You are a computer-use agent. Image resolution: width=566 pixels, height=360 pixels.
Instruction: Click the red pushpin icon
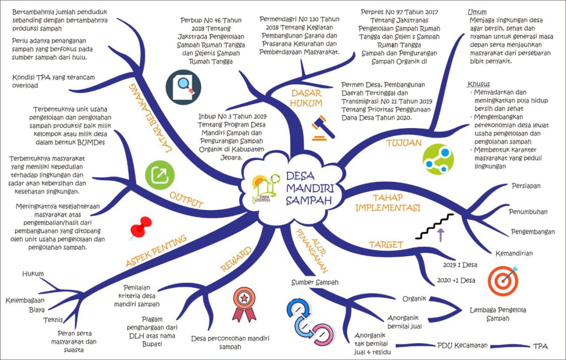click(141, 227)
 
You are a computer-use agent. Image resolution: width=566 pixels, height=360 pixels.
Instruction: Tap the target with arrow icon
click(502, 280)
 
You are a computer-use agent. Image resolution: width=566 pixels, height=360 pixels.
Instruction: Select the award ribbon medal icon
click(244, 304)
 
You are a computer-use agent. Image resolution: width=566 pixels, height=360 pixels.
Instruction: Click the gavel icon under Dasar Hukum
click(323, 128)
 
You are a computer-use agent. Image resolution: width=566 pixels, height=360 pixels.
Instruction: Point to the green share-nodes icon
click(438, 159)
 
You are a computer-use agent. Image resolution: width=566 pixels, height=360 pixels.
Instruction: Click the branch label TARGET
click(385, 245)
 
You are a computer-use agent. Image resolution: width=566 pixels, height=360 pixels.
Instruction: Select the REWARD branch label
click(235, 258)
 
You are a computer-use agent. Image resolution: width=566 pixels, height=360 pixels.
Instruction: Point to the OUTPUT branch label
click(186, 200)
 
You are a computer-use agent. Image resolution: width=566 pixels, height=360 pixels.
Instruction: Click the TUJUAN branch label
click(404, 143)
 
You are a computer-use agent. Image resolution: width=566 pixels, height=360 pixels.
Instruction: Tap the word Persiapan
click(526, 186)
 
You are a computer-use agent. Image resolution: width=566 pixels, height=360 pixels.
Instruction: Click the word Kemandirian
click(514, 253)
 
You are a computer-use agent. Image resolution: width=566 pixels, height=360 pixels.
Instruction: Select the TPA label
click(540, 346)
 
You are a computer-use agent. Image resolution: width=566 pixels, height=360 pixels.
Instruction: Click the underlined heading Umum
click(477, 12)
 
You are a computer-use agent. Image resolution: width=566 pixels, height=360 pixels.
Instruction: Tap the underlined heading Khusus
click(479, 84)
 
